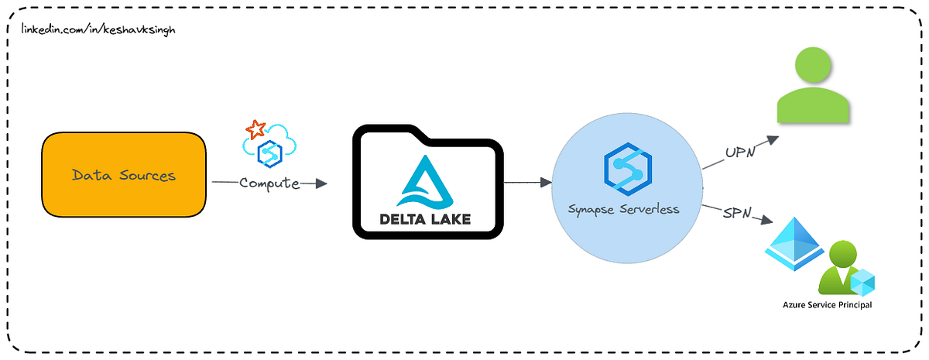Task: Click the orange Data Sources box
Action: [x=124, y=175]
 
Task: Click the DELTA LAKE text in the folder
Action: [x=425, y=219]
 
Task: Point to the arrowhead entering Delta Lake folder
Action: [x=322, y=183]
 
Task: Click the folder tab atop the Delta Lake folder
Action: [x=395, y=132]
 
